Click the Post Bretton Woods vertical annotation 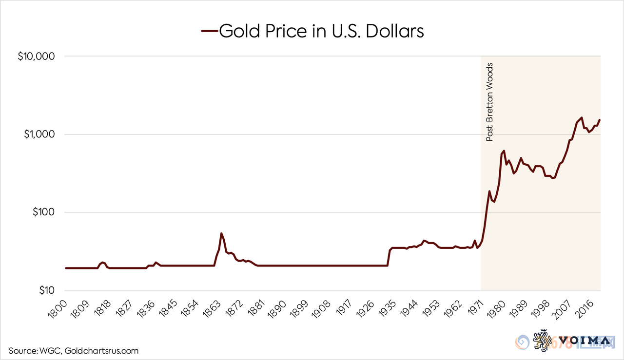(x=490, y=102)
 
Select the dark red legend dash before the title (x=209, y=32)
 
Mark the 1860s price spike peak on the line (x=221, y=233)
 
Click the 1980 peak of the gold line (x=504, y=151)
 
